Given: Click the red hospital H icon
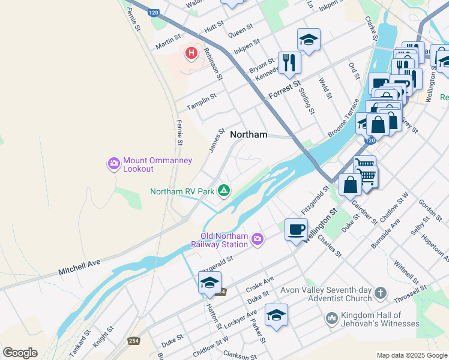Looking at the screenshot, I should point(191,53).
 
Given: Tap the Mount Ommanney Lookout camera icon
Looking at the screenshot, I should point(114,163).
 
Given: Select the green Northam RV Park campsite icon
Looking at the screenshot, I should point(223,191).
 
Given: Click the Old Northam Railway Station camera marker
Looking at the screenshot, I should point(257,239).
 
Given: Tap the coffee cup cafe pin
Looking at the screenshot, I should point(296,229).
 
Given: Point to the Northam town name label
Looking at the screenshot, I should point(249,134).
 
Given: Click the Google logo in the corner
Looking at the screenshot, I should point(20,353).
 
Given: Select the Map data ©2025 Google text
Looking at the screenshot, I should point(412,355).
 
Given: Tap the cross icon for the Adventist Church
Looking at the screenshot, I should point(380,293).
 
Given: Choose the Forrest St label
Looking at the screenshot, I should point(284,91).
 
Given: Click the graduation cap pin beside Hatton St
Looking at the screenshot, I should point(209,283).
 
